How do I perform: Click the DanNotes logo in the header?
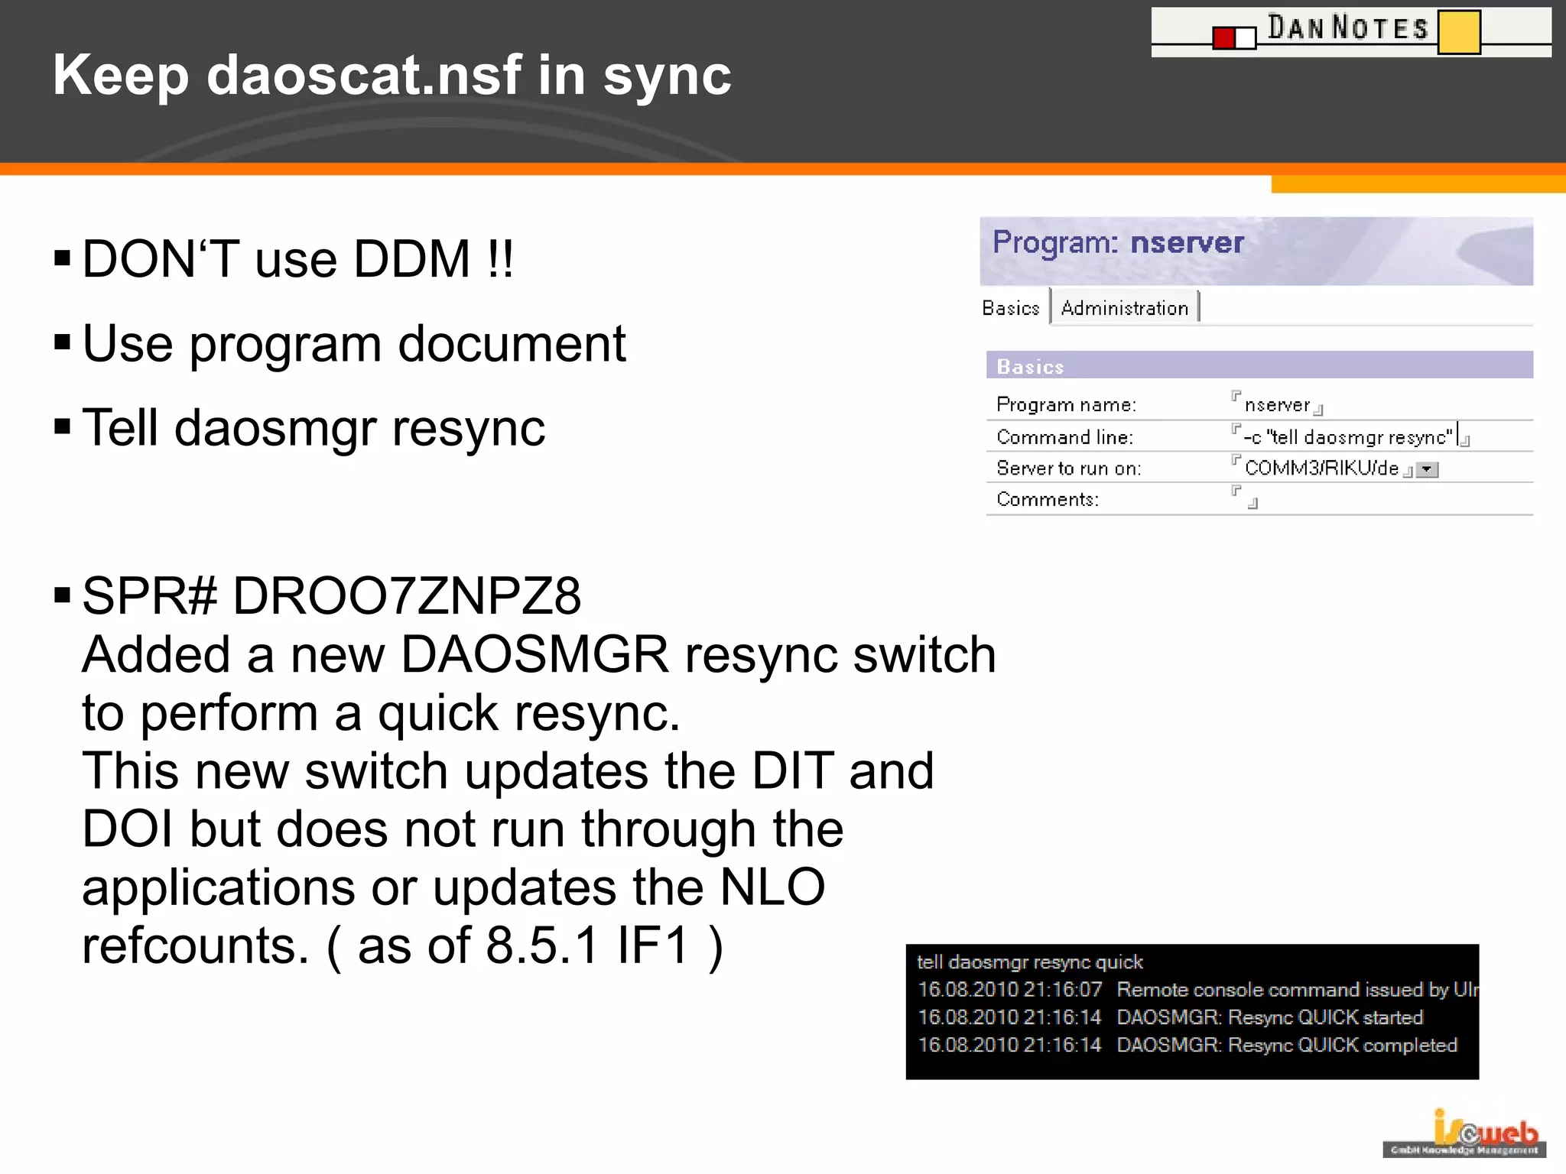(x=1350, y=31)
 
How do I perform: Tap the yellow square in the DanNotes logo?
(x=1459, y=32)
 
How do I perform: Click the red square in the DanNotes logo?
(x=1224, y=37)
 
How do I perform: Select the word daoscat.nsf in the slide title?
(x=364, y=75)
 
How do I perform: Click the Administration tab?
(x=1124, y=308)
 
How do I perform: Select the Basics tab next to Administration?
(x=1011, y=308)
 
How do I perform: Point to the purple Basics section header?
(x=1259, y=366)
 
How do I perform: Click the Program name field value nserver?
(x=1277, y=404)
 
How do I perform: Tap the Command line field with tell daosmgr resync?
(x=1347, y=437)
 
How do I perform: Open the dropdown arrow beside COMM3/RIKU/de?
(x=1427, y=469)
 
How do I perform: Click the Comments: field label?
(x=1047, y=499)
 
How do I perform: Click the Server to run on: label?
(x=1068, y=468)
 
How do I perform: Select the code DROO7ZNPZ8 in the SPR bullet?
(x=407, y=595)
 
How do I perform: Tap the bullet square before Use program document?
(x=63, y=342)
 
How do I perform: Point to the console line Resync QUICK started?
(x=1269, y=1017)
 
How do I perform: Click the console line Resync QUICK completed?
(x=1286, y=1045)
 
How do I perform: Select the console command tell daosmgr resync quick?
(x=1029, y=962)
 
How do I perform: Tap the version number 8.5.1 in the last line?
(x=541, y=945)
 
